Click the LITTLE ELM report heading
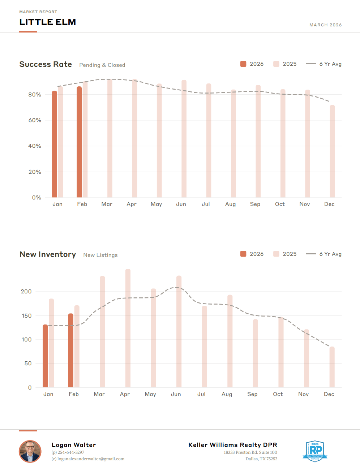pyautogui.click(x=48, y=22)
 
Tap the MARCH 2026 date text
pyautogui.click(x=325, y=25)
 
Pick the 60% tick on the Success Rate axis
pyautogui.click(x=35, y=120)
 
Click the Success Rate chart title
pyautogui.click(x=46, y=64)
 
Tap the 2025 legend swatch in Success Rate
pyautogui.click(x=276, y=64)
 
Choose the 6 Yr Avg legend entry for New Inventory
pyautogui.click(x=324, y=254)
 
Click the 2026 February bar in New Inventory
pyautogui.click(x=71, y=350)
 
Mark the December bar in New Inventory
pyautogui.click(x=332, y=367)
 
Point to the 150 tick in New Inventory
pyautogui.click(x=27, y=316)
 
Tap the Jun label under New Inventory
pyautogui.click(x=176, y=394)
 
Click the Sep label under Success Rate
pyautogui.click(x=255, y=204)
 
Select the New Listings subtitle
pyautogui.click(x=100, y=255)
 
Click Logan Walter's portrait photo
pyautogui.click(x=30, y=451)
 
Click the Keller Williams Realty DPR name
pyautogui.click(x=232, y=445)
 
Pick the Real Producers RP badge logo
pyautogui.click(x=315, y=451)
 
